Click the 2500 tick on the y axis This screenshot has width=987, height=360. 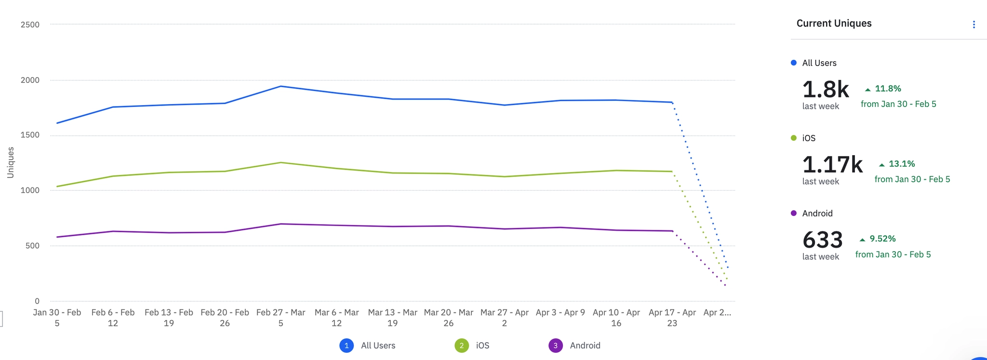pyautogui.click(x=30, y=25)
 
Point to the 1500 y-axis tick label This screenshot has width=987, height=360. pyautogui.click(x=30, y=135)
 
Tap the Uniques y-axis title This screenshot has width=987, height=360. pyautogui.click(x=11, y=162)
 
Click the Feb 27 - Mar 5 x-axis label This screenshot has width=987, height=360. pyautogui.click(x=280, y=318)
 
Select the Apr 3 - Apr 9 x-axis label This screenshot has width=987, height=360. pyautogui.click(x=560, y=312)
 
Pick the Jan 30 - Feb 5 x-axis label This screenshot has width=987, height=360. pyautogui.click(x=57, y=318)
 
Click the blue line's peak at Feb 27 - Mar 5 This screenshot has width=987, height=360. pyautogui.click(x=280, y=86)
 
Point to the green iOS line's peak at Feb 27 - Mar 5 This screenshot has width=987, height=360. pyautogui.click(x=280, y=162)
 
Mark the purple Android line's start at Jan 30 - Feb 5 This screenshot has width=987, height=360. pyautogui.click(x=57, y=237)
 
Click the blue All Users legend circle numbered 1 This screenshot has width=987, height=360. pyautogui.click(x=347, y=346)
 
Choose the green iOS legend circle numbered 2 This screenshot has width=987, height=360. pyautogui.click(x=462, y=346)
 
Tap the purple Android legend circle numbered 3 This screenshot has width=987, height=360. pyautogui.click(x=556, y=346)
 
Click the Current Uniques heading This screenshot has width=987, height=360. pyautogui.click(x=834, y=23)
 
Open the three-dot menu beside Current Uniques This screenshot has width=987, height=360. pyautogui.click(x=974, y=25)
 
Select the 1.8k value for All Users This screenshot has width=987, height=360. pyautogui.click(x=825, y=90)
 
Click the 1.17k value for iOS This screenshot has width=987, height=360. pyautogui.click(x=832, y=165)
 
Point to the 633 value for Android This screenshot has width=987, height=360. pyautogui.click(x=822, y=240)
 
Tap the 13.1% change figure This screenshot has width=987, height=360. pyautogui.click(x=901, y=164)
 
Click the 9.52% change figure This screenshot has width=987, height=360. pyautogui.click(x=882, y=239)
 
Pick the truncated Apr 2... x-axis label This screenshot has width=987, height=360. pyautogui.click(x=717, y=312)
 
